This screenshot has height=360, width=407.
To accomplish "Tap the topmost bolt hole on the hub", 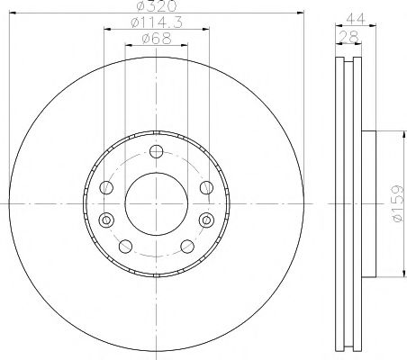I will (156, 151).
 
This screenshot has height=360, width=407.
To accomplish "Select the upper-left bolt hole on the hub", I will (107, 187).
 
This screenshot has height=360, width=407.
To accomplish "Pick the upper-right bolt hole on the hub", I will (204, 187).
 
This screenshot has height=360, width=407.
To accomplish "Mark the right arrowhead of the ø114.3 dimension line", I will (207, 29).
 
